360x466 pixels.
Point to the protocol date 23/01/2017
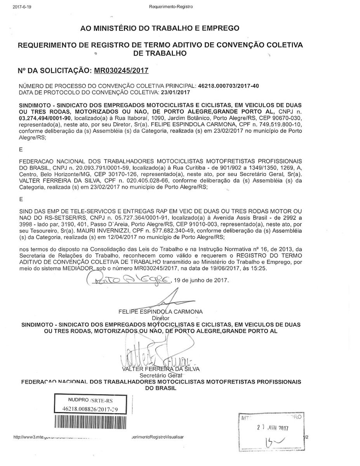point(175,92)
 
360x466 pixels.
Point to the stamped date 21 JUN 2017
point(274,428)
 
